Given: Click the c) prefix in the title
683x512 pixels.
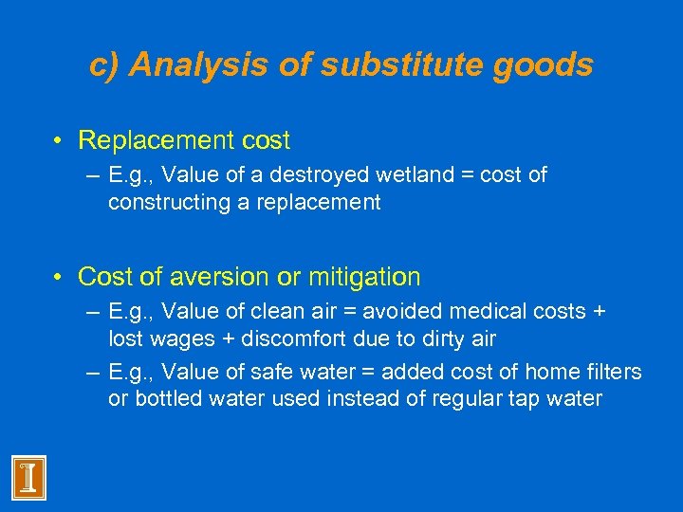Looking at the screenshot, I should (104, 65).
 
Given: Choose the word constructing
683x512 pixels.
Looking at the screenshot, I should (164, 202).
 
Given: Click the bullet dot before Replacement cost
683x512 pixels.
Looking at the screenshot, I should (59, 141).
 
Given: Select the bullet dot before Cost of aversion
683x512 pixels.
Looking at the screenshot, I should (59, 277).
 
